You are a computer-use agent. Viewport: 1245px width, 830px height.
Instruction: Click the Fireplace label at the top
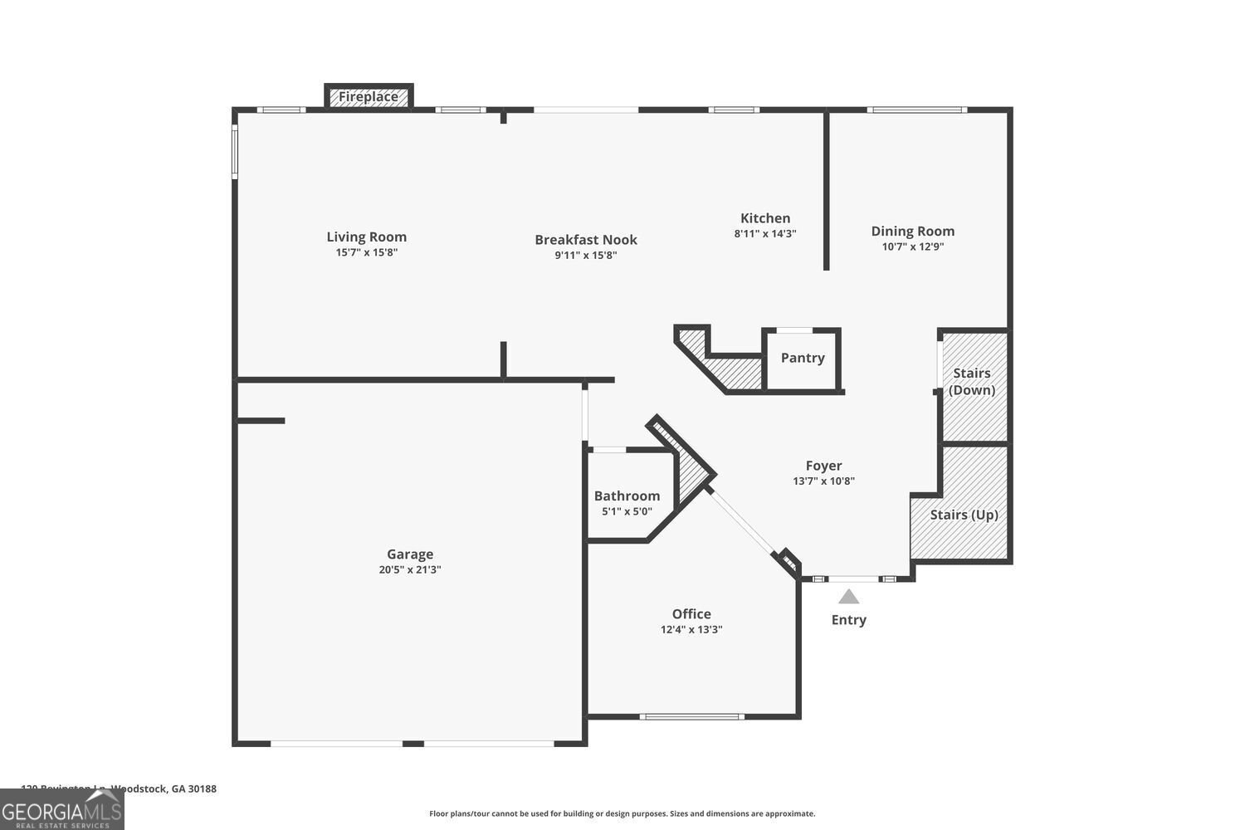368,97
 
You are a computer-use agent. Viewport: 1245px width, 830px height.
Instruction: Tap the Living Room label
366,237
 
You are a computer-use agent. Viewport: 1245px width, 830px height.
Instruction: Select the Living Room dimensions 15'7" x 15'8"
366,252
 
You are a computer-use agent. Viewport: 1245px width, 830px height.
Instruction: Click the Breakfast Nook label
585,240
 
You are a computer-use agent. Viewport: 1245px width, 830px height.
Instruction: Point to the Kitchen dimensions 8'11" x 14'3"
764,234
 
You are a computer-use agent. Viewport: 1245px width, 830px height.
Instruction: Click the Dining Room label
912,231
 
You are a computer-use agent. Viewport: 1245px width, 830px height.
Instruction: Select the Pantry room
802,358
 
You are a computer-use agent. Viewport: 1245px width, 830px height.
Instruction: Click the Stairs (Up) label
964,515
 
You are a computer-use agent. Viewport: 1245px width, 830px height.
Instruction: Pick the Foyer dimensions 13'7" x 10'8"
823,481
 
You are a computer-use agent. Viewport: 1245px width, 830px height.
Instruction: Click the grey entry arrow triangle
848,596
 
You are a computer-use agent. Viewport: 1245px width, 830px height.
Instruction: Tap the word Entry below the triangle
848,620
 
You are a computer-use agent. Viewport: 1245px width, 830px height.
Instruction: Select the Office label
691,613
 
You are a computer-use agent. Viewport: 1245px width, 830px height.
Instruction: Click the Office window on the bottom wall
691,716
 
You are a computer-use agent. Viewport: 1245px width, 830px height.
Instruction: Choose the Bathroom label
627,496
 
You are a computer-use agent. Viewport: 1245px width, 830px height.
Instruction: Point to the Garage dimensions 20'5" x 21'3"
410,569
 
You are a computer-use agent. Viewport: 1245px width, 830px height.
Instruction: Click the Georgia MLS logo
62,809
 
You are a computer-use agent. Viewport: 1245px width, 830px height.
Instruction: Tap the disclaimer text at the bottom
622,813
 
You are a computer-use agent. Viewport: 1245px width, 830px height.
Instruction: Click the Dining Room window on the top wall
916,110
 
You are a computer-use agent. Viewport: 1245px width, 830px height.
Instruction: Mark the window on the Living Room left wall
235,151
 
